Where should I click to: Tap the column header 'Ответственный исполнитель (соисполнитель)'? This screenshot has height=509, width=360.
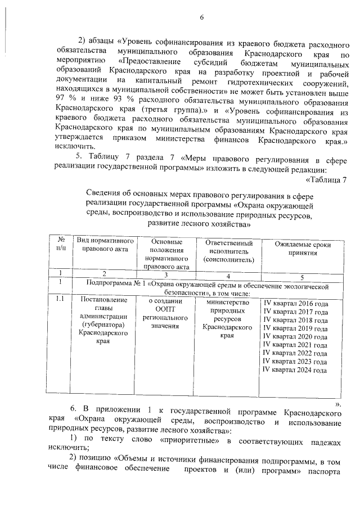pyautogui.click(x=228, y=251)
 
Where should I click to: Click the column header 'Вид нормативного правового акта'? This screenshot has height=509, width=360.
pyautogui.click(x=104, y=245)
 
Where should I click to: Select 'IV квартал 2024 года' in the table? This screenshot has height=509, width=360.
pyautogui.click(x=296, y=370)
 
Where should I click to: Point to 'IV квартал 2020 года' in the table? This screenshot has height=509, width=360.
pyautogui.click(x=296, y=337)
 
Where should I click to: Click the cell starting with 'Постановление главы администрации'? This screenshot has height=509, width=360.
pyautogui.click(x=104, y=320)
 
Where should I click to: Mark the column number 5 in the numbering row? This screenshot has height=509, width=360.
pyautogui.click(x=302, y=277)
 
